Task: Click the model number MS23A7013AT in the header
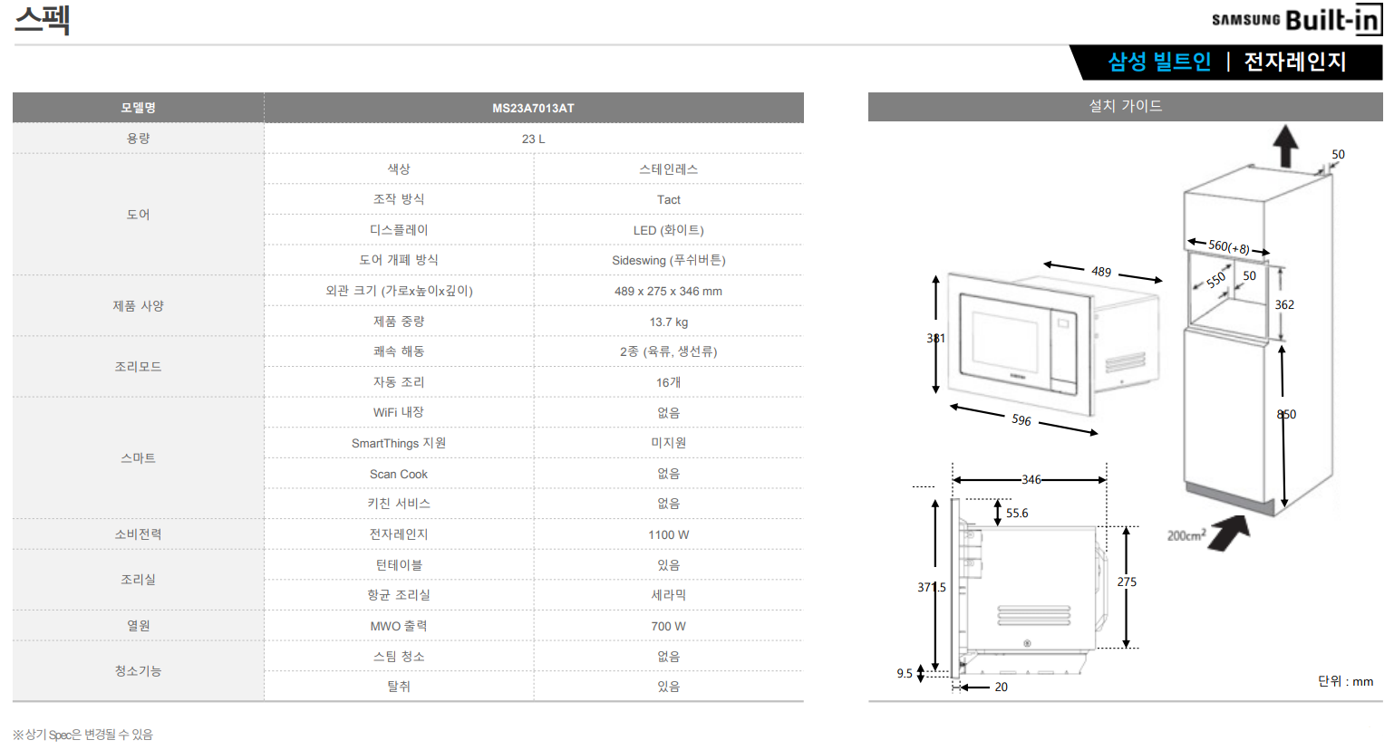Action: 533,108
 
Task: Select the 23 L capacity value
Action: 533,139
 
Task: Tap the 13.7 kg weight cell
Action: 668,322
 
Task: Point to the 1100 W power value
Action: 668,534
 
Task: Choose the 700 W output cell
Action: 668,626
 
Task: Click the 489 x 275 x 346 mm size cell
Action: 668,291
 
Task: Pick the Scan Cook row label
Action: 398,474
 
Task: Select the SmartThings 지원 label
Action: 398,443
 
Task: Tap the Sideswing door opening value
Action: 668,260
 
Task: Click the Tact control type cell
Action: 668,199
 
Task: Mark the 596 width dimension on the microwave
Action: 1021,420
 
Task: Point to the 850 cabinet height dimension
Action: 1286,414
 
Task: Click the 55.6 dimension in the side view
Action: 1017,513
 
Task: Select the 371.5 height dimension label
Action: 931,587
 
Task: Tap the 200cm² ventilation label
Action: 1186,535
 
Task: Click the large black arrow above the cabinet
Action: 1285,146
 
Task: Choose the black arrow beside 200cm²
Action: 1229,533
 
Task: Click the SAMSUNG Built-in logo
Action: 1296,20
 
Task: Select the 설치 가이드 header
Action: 1125,106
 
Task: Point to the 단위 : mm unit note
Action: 1345,681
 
